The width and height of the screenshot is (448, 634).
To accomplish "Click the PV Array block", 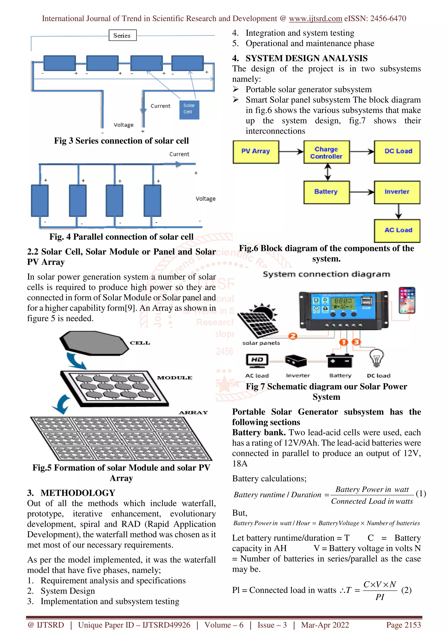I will pos(255,152).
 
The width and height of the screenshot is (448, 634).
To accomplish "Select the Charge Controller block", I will pos(327,152).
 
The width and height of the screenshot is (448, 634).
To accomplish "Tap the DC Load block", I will pos(397,152).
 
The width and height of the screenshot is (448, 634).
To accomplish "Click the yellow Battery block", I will pos(327,192).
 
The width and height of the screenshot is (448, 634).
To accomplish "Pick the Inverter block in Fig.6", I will pos(397,192).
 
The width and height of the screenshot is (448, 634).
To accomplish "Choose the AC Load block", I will pos(397,231).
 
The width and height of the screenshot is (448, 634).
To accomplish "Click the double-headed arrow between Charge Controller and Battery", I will pos(328,172).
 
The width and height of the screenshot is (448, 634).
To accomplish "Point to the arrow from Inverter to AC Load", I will pos(398,212).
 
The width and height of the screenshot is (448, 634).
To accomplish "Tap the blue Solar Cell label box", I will pos(189,110).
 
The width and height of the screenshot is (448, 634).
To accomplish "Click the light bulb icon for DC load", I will pos(376,358).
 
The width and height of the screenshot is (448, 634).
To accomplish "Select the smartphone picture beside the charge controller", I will pos(407,300).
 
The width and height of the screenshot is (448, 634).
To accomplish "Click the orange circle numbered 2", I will pos(293,336).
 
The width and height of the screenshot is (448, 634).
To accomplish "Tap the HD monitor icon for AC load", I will pos(257,360).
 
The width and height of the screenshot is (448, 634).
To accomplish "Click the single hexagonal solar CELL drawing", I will pos(94,343).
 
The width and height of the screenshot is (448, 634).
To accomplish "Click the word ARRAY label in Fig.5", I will pos(193,413).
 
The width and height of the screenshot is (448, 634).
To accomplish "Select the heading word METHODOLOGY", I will pos(78,493).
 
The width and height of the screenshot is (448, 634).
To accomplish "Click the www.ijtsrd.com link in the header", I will pos(315,19).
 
